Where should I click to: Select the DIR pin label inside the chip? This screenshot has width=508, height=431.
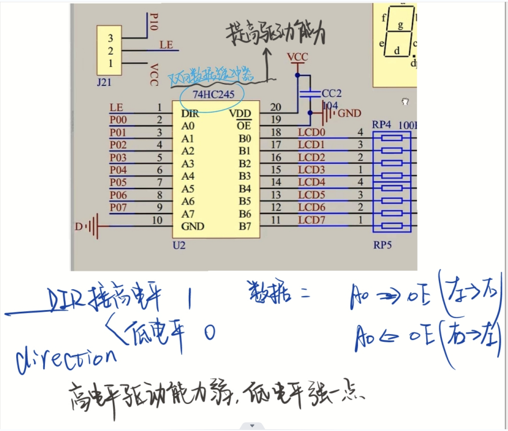pos(190,114)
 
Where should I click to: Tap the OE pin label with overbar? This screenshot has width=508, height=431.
pos(244,126)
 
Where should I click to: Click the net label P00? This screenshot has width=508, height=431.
pos(118,120)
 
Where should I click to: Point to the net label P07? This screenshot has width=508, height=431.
pos(118,207)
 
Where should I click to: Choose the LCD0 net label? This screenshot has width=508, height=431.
pos(311,133)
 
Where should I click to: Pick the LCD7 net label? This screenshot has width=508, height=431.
pos(311,220)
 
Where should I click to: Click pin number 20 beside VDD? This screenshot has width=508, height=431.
pos(276,107)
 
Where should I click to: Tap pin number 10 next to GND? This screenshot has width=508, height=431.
pos(156,220)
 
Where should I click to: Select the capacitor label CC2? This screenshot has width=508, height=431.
pos(331,93)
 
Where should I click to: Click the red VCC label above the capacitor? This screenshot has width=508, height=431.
pos(297,57)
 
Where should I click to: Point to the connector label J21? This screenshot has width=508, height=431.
pos(104,82)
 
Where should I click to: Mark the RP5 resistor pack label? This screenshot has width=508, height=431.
pos(383,245)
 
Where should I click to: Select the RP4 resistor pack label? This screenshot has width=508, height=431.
pos(383,124)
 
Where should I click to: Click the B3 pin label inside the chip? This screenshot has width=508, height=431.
pos(245,176)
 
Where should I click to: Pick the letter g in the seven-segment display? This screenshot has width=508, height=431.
pos(400,25)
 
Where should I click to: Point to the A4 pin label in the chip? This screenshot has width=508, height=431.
pos(188,176)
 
